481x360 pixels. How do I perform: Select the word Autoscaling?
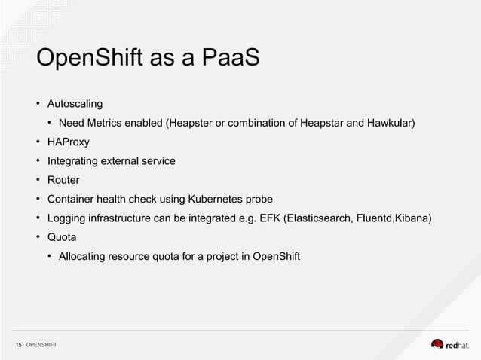[75, 102]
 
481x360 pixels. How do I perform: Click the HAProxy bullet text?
[68, 142]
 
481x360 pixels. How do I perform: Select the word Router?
[63, 180]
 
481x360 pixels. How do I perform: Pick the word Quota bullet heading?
[62, 238]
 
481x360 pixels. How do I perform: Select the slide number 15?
[19, 346]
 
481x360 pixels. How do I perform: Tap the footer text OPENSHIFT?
[41, 346]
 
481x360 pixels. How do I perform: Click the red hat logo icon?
[437, 344]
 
